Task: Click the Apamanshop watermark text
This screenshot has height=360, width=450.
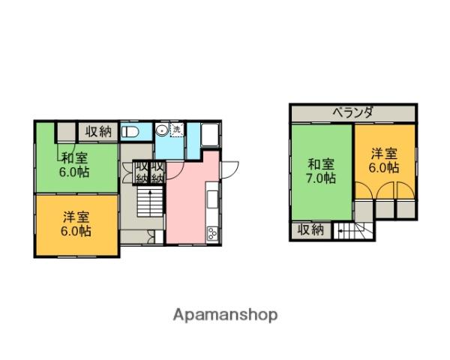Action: (x=225, y=315)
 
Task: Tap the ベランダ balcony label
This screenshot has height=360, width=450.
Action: (x=353, y=112)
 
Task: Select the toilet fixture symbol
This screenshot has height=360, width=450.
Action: (x=130, y=132)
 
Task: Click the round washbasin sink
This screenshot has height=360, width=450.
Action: (x=162, y=130)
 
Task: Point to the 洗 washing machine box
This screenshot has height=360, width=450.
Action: (x=177, y=130)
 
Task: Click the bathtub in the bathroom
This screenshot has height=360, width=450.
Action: (x=210, y=134)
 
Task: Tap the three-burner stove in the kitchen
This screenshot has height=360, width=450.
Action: (x=213, y=232)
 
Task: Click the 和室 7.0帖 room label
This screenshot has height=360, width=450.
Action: (x=321, y=172)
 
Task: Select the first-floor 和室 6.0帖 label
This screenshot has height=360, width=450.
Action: (x=74, y=165)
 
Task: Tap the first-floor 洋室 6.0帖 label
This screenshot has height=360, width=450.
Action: (x=76, y=224)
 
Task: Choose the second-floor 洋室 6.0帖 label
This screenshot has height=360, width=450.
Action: (x=384, y=160)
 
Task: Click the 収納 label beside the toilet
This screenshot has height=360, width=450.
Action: (x=98, y=132)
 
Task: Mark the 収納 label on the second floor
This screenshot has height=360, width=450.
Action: (x=310, y=229)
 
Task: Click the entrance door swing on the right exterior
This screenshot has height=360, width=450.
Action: (x=230, y=170)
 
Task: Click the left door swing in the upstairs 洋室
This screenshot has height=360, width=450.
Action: (x=363, y=190)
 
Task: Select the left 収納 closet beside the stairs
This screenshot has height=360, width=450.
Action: (x=141, y=172)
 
